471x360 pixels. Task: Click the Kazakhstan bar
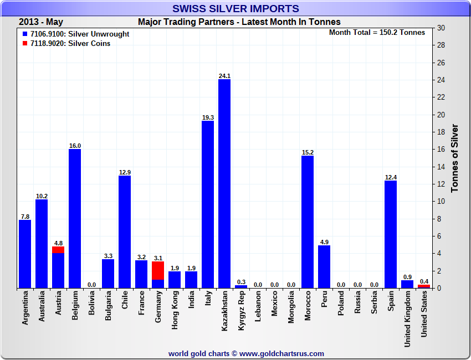pos(224,183)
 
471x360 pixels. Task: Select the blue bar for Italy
pos(208,204)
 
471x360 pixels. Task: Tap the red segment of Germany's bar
pos(158,270)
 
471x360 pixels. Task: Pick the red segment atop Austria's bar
pos(58,250)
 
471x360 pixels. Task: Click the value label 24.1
pos(224,76)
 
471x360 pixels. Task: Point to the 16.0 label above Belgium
pos(75,146)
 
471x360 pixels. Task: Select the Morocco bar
pos(308,222)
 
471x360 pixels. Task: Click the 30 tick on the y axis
pos(441,28)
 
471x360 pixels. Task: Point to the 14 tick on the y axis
pos(441,167)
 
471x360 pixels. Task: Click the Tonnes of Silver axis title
pos(455,158)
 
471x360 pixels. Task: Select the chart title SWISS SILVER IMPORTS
pos(235,9)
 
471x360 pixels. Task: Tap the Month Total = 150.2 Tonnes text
pos(377,33)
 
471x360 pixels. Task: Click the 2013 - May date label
pos(41,22)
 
